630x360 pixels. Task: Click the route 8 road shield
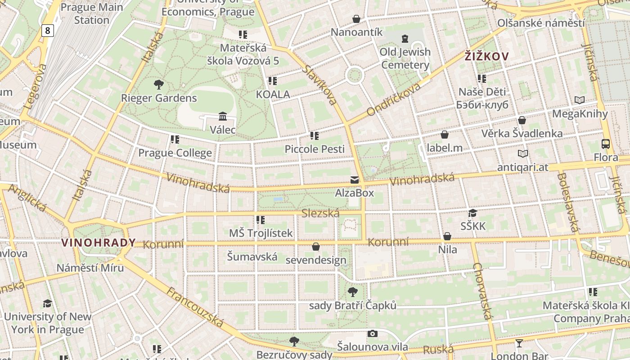(47, 31)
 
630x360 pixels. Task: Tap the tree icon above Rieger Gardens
(158, 84)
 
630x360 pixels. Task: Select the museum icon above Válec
(222, 117)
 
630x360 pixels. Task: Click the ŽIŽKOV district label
(487, 56)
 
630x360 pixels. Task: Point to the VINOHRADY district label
(98, 243)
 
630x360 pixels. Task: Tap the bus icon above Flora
(606, 144)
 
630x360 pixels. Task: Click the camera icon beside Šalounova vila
(372, 333)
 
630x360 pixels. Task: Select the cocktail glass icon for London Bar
(519, 343)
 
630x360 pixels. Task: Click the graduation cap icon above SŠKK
(472, 213)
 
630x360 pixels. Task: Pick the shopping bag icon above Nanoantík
(356, 19)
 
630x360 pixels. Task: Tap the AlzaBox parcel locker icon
(355, 180)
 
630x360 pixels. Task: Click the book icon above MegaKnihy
(580, 100)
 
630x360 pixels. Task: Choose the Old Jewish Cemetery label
(405, 58)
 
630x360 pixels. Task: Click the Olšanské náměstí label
(541, 23)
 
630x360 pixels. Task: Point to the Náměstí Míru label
(90, 268)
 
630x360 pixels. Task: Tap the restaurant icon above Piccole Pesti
(314, 135)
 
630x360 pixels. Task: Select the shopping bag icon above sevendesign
(316, 247)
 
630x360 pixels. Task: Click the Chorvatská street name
(482, 291)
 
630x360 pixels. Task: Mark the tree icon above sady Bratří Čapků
(353, 292)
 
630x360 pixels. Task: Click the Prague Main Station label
(92, 13)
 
